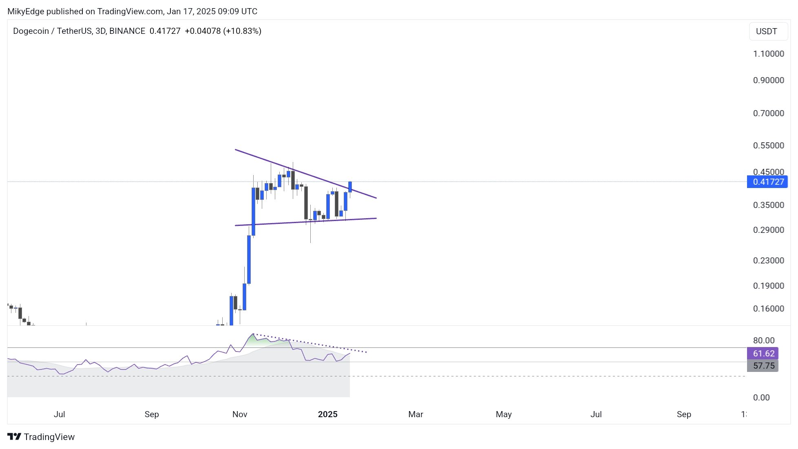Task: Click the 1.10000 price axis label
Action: pos(768,54)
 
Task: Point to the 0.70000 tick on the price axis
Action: pos(768,113)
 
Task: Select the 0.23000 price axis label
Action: pos(768,261)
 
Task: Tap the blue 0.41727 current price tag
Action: pos(767,182)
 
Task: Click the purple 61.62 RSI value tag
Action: pos(763,354)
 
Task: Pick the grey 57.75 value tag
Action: pos(763,366)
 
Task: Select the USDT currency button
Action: pos(766,31)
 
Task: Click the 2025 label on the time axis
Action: pos(327,414)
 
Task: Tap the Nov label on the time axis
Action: pos(240,414)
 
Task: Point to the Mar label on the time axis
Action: pos(416,414)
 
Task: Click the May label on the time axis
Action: pos(504,414)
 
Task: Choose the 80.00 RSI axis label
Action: pos(763,341)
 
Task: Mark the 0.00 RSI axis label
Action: pos(761,398)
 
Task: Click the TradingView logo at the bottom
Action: pos(41,437)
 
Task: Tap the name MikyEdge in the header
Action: pos(26,11)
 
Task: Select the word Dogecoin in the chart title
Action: pos(31,31)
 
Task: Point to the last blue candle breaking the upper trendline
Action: pos(350,187)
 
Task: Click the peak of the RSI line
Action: pos(253,334)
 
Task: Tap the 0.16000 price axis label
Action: pos(768,309)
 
